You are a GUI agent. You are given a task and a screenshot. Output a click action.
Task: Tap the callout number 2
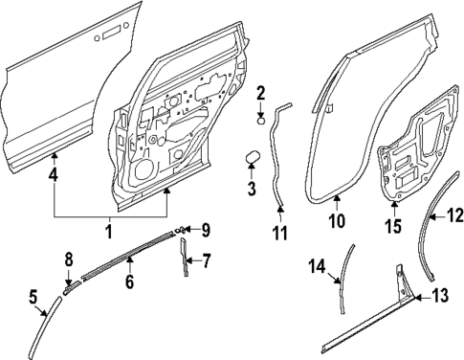[259, 93]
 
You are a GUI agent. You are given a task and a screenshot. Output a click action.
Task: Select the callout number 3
[251, 188]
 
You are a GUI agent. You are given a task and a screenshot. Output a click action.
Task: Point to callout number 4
[53, 175]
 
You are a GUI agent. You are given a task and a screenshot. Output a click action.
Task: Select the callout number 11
[278, 232]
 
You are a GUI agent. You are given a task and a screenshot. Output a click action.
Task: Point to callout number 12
[455, 217]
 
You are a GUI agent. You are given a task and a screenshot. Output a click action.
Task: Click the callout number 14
[317, 264]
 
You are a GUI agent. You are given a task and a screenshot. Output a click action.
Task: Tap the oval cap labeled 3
[254, 157]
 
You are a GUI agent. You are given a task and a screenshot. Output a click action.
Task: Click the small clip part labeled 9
[180, 230]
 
